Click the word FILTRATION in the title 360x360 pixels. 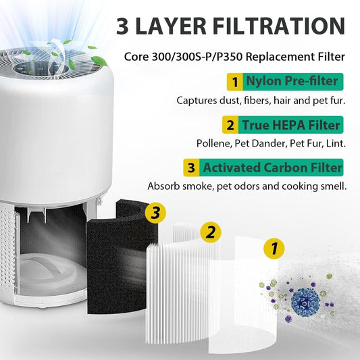[270, 26]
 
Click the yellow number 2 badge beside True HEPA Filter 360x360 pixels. [230, 125]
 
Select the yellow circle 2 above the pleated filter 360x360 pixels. [211, 233]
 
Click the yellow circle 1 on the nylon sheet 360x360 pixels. [273, 249]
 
